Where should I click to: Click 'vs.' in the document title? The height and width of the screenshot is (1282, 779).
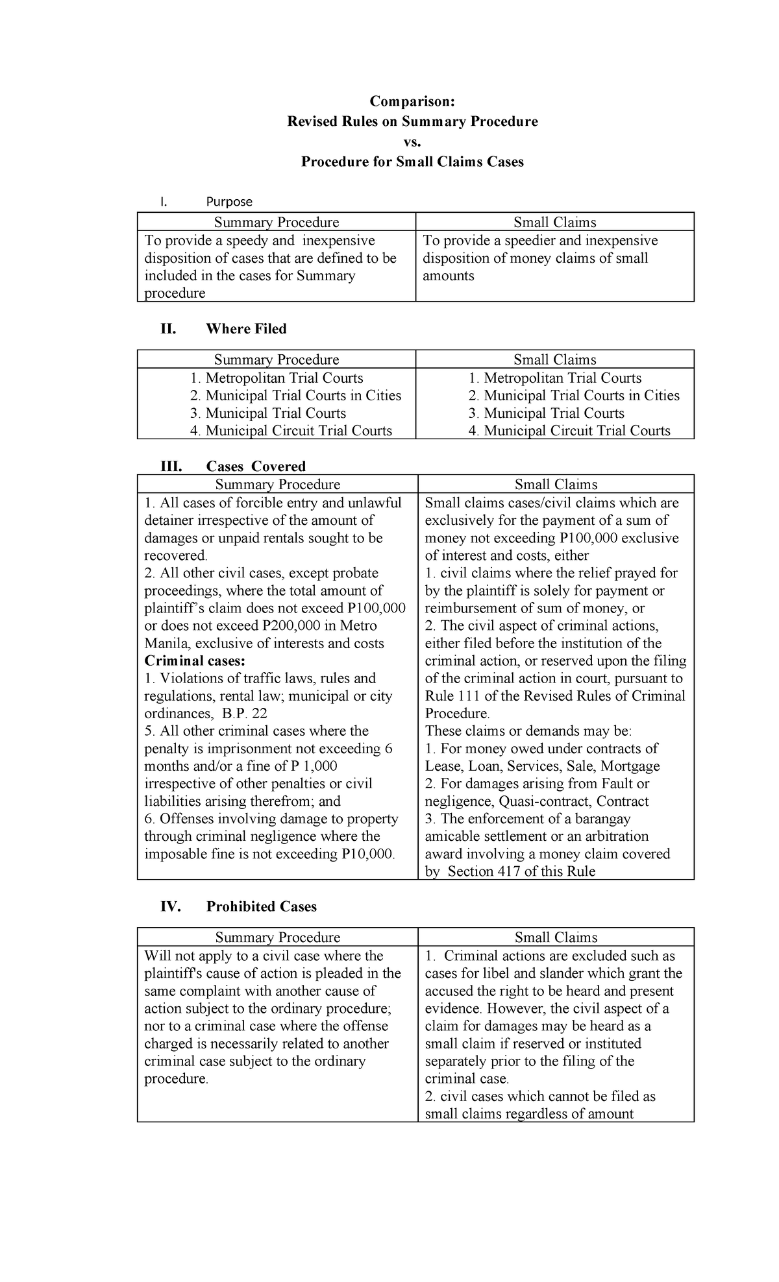412,141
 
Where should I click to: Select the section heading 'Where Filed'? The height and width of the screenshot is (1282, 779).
246,329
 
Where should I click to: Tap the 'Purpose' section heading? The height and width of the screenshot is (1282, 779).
229,202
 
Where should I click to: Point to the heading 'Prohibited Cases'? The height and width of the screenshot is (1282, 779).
261,906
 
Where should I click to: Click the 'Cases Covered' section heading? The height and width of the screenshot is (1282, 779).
256,466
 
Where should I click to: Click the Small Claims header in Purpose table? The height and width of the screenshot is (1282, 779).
554,223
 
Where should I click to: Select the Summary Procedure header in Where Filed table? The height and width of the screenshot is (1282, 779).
277,359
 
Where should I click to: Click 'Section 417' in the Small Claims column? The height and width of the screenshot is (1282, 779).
484,871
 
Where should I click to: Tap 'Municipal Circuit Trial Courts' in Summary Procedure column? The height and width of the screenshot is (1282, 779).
299,431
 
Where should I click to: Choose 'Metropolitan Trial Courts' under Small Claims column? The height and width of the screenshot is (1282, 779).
562,378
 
